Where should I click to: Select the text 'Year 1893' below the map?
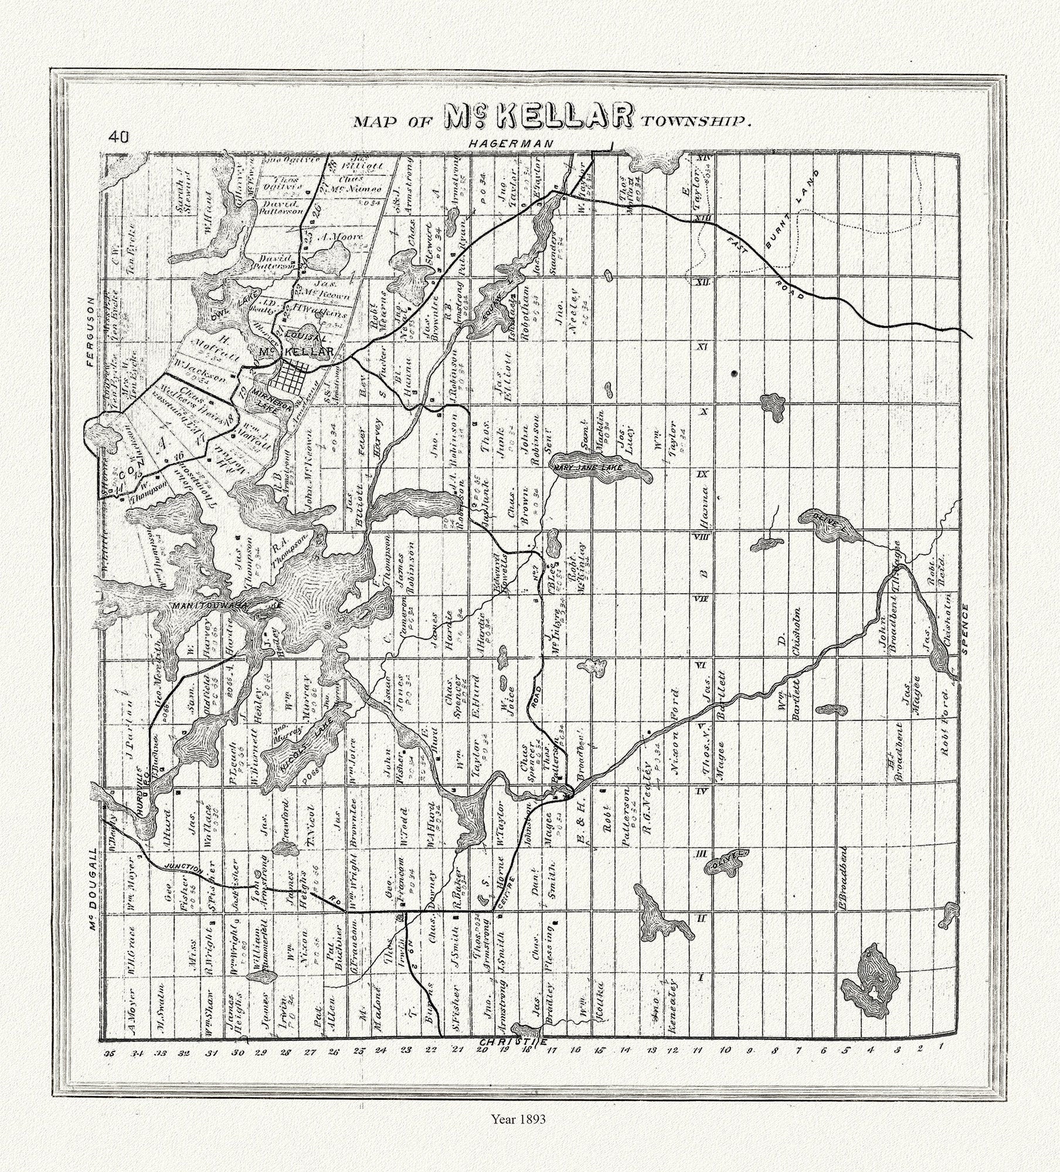point(518,1136)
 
